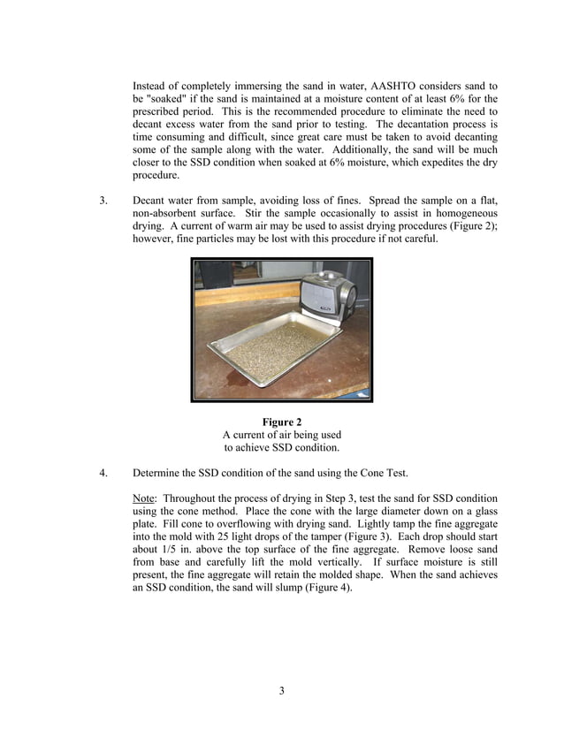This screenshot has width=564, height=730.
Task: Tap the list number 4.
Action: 103,472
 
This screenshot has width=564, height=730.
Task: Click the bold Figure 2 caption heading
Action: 281,422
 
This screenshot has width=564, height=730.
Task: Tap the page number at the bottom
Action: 281,691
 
